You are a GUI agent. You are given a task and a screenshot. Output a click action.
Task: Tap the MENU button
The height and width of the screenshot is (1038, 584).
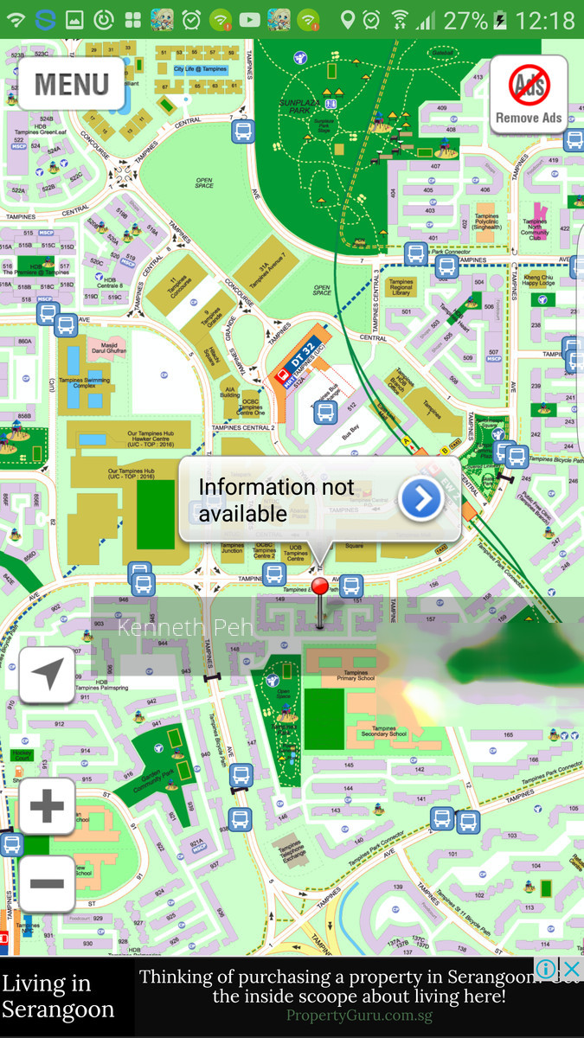coord(71,84)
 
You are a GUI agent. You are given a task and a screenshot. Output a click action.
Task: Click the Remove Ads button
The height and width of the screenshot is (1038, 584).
coord(529,94)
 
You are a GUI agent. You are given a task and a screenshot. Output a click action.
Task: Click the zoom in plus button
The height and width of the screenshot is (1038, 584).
coord(47,806)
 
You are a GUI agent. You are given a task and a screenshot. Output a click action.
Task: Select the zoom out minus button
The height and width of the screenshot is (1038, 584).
coord(47,883)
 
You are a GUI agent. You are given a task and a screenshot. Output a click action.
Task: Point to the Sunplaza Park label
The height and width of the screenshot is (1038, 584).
coord(300,108)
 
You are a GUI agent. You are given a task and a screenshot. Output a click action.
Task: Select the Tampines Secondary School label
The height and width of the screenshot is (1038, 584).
coord(384,734)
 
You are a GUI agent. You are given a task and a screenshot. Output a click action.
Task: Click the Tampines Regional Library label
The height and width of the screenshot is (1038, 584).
coord(401,287)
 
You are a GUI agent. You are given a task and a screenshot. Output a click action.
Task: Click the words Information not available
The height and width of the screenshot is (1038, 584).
coord(277,500)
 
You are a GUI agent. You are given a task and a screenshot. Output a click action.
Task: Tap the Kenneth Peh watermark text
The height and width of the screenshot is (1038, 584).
coord(185,627)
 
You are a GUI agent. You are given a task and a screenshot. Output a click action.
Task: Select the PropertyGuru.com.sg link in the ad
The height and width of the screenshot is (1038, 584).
coord(359,1016)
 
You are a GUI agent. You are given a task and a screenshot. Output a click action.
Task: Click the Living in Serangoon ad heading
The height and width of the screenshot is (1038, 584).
coord(58,996)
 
